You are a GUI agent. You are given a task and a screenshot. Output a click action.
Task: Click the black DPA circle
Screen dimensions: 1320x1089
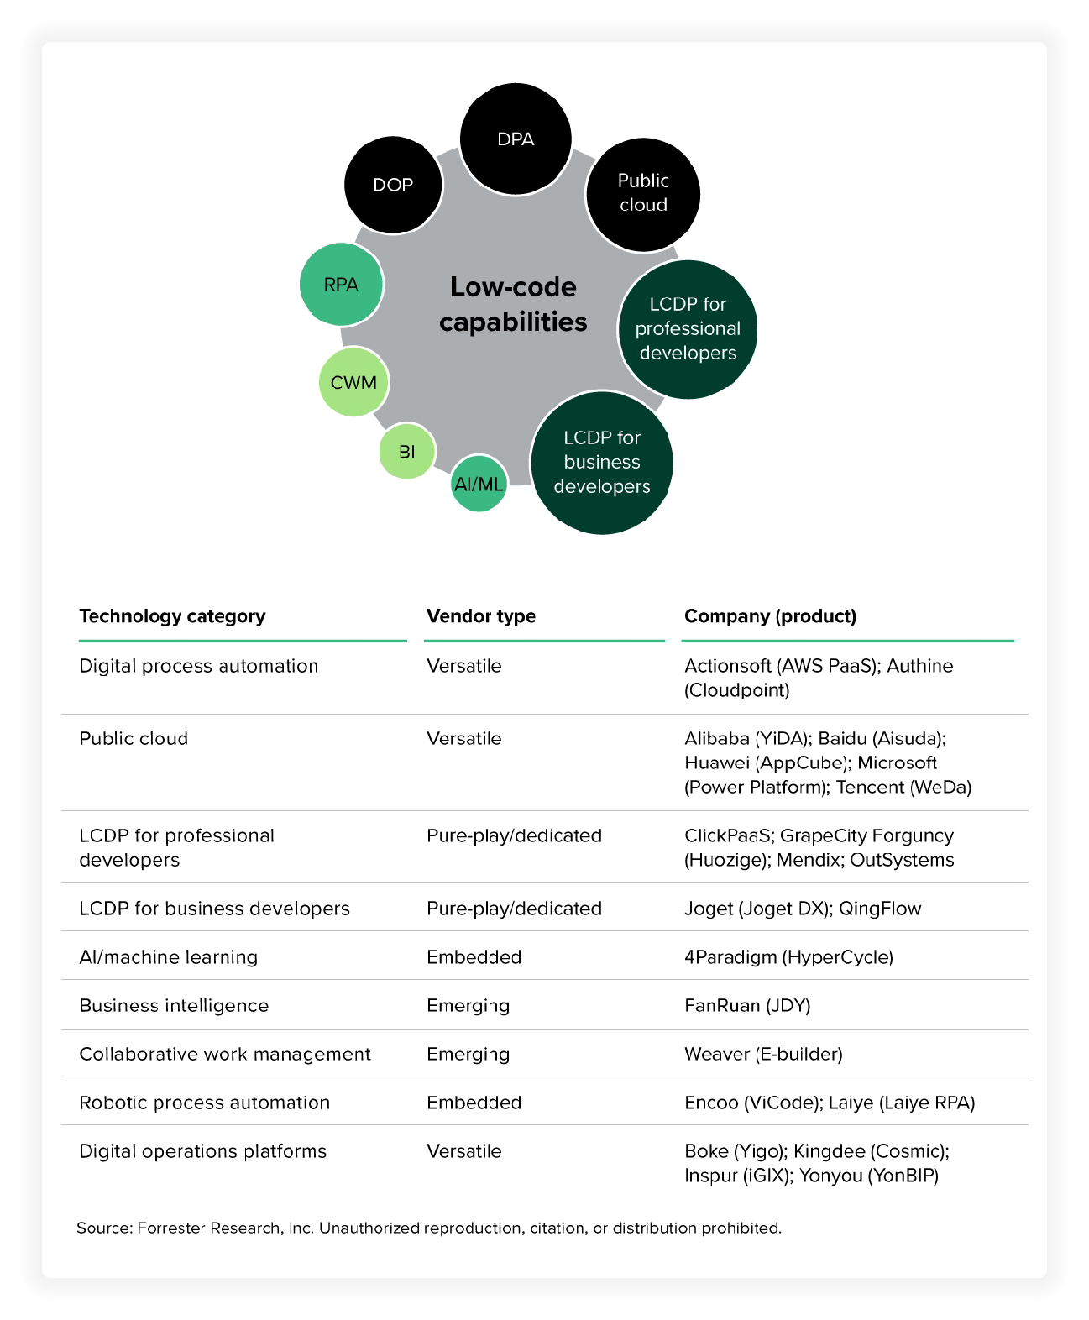click(x=516, y=139)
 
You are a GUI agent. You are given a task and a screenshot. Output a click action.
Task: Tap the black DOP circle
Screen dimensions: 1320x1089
click(x=393, y=185)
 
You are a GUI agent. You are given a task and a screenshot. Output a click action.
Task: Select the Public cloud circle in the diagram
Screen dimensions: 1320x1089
click(x=643, y=193)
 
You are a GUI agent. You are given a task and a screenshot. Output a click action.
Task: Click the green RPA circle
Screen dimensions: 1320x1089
click(x=341, y=285)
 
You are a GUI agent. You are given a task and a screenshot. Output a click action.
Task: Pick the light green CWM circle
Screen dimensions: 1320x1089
click(x=353, y=382)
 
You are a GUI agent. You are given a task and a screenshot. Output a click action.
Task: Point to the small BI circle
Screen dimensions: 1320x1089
click(x=407, y=452)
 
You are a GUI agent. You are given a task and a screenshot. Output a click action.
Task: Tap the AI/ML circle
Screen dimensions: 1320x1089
click(x=479, y=484)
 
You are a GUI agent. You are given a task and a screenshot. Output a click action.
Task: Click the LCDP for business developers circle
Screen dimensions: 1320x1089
click(x=602, y=462)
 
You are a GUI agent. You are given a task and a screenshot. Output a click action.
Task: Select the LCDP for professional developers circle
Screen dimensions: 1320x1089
click(x=688, y=328)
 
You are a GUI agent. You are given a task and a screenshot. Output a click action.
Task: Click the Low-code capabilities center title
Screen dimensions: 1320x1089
click(x=513, y=304)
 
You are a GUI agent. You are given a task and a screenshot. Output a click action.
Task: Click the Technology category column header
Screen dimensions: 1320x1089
click(x=172, y=616)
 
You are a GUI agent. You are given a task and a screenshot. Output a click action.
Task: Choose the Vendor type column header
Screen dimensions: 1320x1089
click(x=480, y=616)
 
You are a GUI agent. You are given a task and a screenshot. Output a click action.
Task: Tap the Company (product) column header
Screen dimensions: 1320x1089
click(x=770, y=616)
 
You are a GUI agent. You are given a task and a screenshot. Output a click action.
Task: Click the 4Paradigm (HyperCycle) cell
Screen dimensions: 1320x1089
click(x=788, y=957)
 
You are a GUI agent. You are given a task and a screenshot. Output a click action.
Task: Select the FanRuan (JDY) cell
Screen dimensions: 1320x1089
click(x=747, y=1006)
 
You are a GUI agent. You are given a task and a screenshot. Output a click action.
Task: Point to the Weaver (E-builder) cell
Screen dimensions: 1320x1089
click(x=763, y=1055)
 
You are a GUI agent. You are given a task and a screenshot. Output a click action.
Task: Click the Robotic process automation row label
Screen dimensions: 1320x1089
click(x=204, y=1103)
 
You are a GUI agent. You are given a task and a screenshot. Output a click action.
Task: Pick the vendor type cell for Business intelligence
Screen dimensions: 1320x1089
click(x=468, y=1006)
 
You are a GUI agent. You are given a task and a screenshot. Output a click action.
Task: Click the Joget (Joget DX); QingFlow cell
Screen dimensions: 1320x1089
click(x=803, y=909)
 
